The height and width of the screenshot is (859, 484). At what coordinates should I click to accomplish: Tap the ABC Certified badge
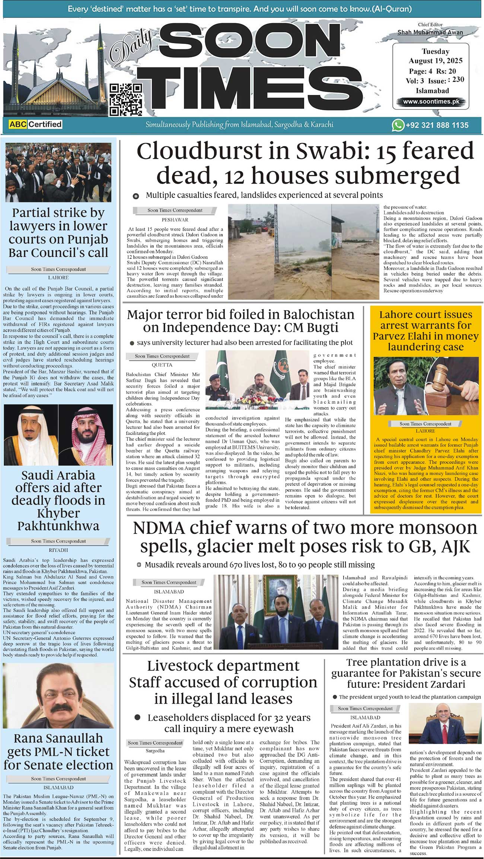(x=35, y=124)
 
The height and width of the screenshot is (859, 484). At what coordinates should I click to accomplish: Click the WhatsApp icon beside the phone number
(x=398, y=125)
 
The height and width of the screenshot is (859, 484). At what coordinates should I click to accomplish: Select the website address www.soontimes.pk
(x=431, y=101)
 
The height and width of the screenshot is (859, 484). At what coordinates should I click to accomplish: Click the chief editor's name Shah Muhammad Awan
(x=430, y=32)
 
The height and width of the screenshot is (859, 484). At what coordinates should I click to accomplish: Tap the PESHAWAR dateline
(x=175, y=220)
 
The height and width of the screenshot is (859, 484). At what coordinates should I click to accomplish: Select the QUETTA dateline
(x=162, y=365)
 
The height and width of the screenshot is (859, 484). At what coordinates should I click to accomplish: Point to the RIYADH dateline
(x=58, y=550)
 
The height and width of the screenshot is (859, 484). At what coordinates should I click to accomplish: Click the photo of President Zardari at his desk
(x=445, y=724)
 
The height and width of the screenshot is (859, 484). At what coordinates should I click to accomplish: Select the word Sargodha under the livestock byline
(x=156, y=751)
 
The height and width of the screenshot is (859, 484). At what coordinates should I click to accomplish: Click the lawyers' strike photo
(x=58, y=172)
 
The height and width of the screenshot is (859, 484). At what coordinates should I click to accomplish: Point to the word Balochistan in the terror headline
(x=318, y=315)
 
